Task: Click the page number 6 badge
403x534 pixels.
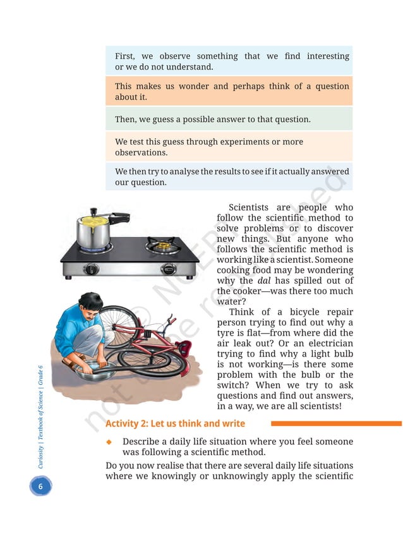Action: coord(40,487)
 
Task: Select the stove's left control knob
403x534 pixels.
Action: coord(92,269)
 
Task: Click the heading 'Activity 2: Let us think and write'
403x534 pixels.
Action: coord(175,423)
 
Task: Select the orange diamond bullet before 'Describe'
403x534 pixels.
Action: coord(109,441)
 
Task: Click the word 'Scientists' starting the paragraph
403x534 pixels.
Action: coord(249,207)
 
